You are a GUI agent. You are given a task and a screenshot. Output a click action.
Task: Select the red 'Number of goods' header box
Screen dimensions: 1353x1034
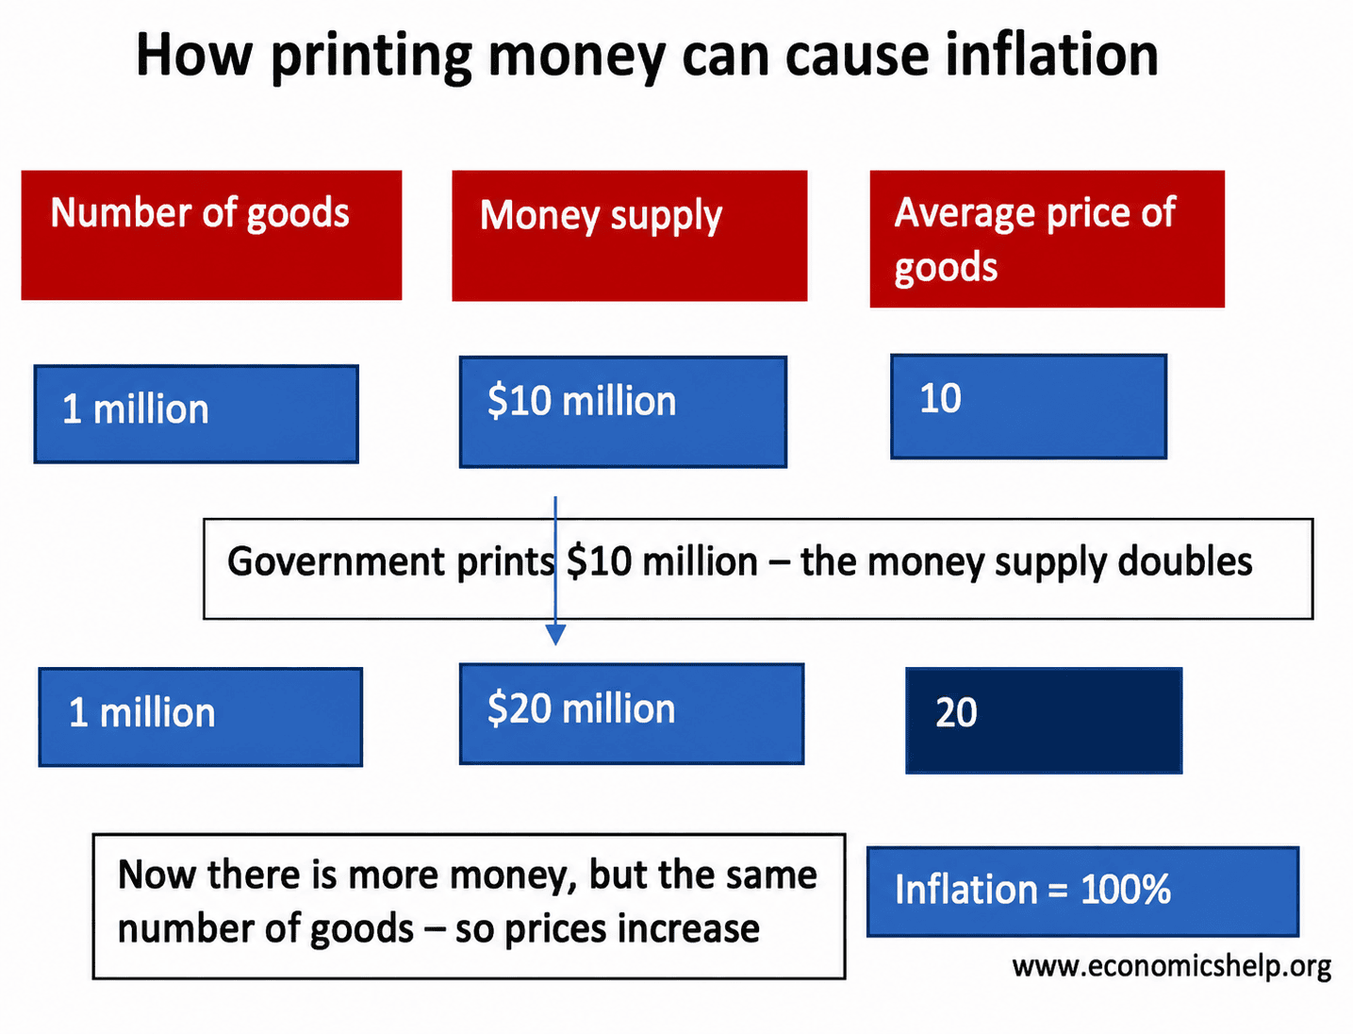(211, 236)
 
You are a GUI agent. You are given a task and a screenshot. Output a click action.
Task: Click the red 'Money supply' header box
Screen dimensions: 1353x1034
(629, 236)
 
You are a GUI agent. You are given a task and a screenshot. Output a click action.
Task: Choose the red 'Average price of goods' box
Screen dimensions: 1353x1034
(1047, 240)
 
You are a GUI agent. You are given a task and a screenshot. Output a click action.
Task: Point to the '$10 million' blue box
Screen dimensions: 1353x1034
(622, 412)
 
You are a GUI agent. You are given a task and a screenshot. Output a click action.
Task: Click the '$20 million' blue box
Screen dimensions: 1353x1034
(631, 714)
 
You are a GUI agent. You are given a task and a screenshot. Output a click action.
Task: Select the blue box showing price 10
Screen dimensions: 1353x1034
(1028, 407)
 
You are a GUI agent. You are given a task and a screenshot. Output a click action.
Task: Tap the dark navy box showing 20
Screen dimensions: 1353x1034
(1044, 720)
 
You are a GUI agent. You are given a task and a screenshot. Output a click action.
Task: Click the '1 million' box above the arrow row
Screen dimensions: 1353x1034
(196, 414)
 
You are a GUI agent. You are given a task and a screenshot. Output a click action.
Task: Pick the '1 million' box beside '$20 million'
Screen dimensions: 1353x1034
(200, 717)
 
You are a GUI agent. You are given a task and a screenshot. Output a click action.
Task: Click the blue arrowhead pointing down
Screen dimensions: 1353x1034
(555, 635)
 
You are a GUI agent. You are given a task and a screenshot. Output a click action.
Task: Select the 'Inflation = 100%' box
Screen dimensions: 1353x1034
(1082, 892)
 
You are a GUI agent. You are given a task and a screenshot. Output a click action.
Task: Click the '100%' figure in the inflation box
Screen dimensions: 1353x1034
(1125, 890)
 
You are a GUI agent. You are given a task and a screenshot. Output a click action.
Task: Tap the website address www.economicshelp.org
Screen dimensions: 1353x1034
(1171, 966)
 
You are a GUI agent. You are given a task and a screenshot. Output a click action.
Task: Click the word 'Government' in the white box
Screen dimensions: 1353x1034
(336, 561)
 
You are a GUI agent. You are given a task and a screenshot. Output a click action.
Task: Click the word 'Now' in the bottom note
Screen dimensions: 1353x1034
(157, 875)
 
